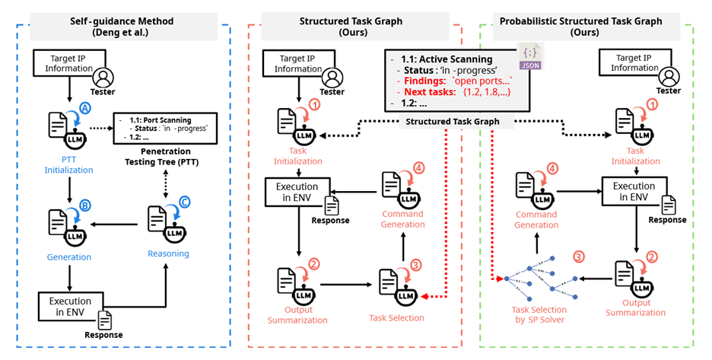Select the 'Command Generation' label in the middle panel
[402, 219]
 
